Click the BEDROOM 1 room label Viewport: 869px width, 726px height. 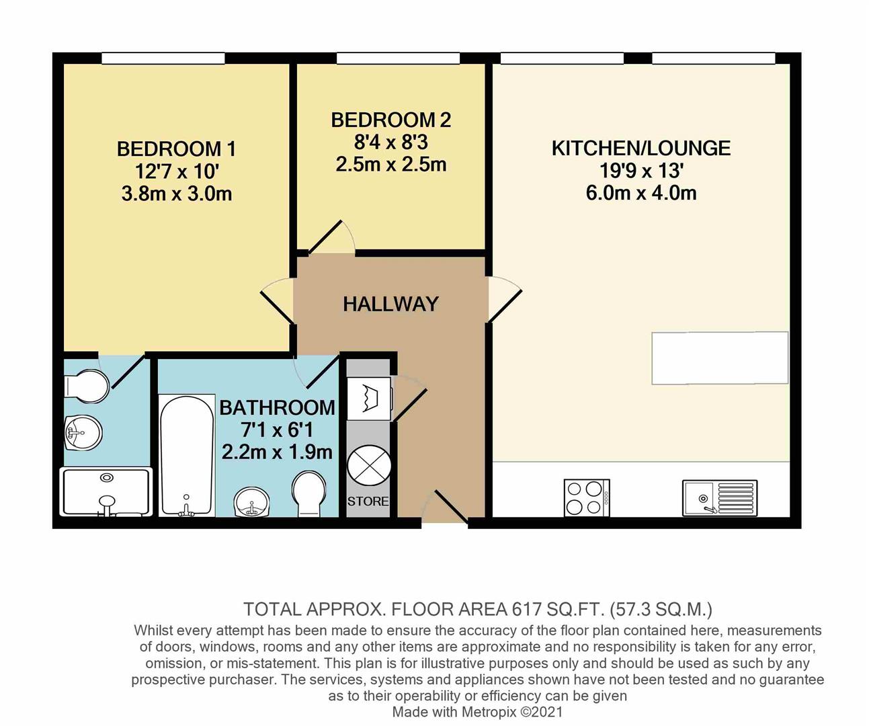pos(176,149)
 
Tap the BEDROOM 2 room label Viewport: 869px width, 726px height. pos(390,120)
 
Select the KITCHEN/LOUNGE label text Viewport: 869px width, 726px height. pos(640,148)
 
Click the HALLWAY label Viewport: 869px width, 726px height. pos(390,304)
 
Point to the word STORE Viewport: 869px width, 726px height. pos(368,501)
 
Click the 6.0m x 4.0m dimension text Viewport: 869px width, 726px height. pos(640,194)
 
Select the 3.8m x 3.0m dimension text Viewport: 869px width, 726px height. pos(176,194)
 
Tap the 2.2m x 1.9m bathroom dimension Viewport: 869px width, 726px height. pos(277,452)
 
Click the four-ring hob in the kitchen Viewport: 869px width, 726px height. pos(587,497)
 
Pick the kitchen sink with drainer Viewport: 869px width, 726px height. pos(719,497)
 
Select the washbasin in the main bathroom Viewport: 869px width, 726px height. pos(252,501)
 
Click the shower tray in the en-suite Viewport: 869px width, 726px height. pos(106,492)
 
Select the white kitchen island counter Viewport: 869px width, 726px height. pos(719,358)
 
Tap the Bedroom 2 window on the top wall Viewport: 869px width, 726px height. pos(398,59)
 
